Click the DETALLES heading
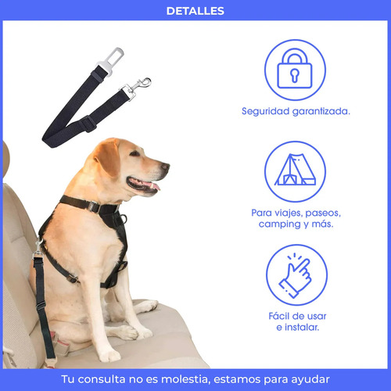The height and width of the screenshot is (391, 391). (x=195, y=11)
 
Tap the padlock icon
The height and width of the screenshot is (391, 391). (x=295, y=68)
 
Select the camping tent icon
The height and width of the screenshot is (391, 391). (x=296, y=170)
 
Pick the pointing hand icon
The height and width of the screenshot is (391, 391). (x=296, y=275)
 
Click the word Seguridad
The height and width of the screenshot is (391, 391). (x=266, y=111)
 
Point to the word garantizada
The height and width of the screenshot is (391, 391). (x=321, y=111)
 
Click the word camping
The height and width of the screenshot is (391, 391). (x=280, y=224)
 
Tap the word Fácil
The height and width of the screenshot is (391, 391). (x=281, y=316)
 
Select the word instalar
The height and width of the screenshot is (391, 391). (x=302, y=327)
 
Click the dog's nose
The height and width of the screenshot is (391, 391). (x=165, y=166)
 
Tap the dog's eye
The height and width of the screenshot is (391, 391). (x=135, y=153)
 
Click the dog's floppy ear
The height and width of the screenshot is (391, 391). (x=107, y=157)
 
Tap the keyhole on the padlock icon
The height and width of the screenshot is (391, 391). (x=295, y=75)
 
